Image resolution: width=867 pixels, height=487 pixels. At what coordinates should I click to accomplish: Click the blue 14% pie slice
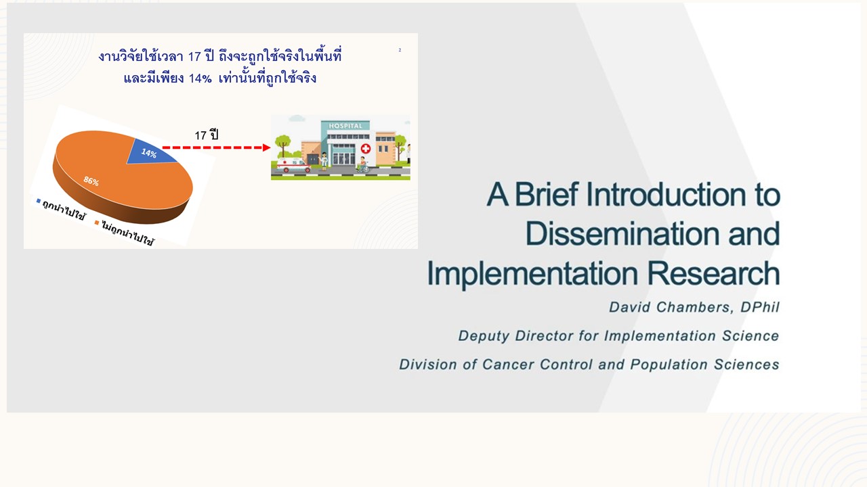point(150,152)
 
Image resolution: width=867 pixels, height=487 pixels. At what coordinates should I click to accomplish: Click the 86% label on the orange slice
point(91,181)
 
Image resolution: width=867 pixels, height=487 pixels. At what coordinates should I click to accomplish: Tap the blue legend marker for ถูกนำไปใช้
point(39,201)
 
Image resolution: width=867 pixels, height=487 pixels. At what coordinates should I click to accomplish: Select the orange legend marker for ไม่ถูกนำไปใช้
point(97,223)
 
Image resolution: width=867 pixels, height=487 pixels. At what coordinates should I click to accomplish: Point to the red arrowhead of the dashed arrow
point(267,147)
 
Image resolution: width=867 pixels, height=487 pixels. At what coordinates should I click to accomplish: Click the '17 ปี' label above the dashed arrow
point(207,135)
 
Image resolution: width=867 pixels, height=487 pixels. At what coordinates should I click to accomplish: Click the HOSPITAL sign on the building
point(345,126)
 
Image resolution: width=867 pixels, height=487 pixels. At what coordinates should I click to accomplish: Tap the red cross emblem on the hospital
point(365,148)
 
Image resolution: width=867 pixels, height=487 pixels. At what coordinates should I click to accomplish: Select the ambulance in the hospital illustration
point(293,165)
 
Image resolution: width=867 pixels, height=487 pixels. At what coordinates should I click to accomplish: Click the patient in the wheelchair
point(362,165)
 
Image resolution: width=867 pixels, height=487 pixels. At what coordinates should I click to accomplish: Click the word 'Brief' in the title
point(547,194)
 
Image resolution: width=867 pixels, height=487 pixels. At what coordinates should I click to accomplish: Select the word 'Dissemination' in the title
point(622,234)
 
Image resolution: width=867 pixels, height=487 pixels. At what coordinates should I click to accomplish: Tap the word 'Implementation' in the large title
point(532,275)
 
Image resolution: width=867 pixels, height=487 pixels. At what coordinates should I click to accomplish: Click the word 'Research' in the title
point(713,273)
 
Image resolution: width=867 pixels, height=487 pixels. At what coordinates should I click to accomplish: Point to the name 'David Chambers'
point(670,307)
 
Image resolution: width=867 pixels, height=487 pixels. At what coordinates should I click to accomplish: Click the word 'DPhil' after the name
point(760,307)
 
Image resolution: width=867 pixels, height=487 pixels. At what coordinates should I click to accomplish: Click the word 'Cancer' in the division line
point(509,364)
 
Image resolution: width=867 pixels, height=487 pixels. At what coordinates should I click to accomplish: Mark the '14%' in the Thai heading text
point(200,78)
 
